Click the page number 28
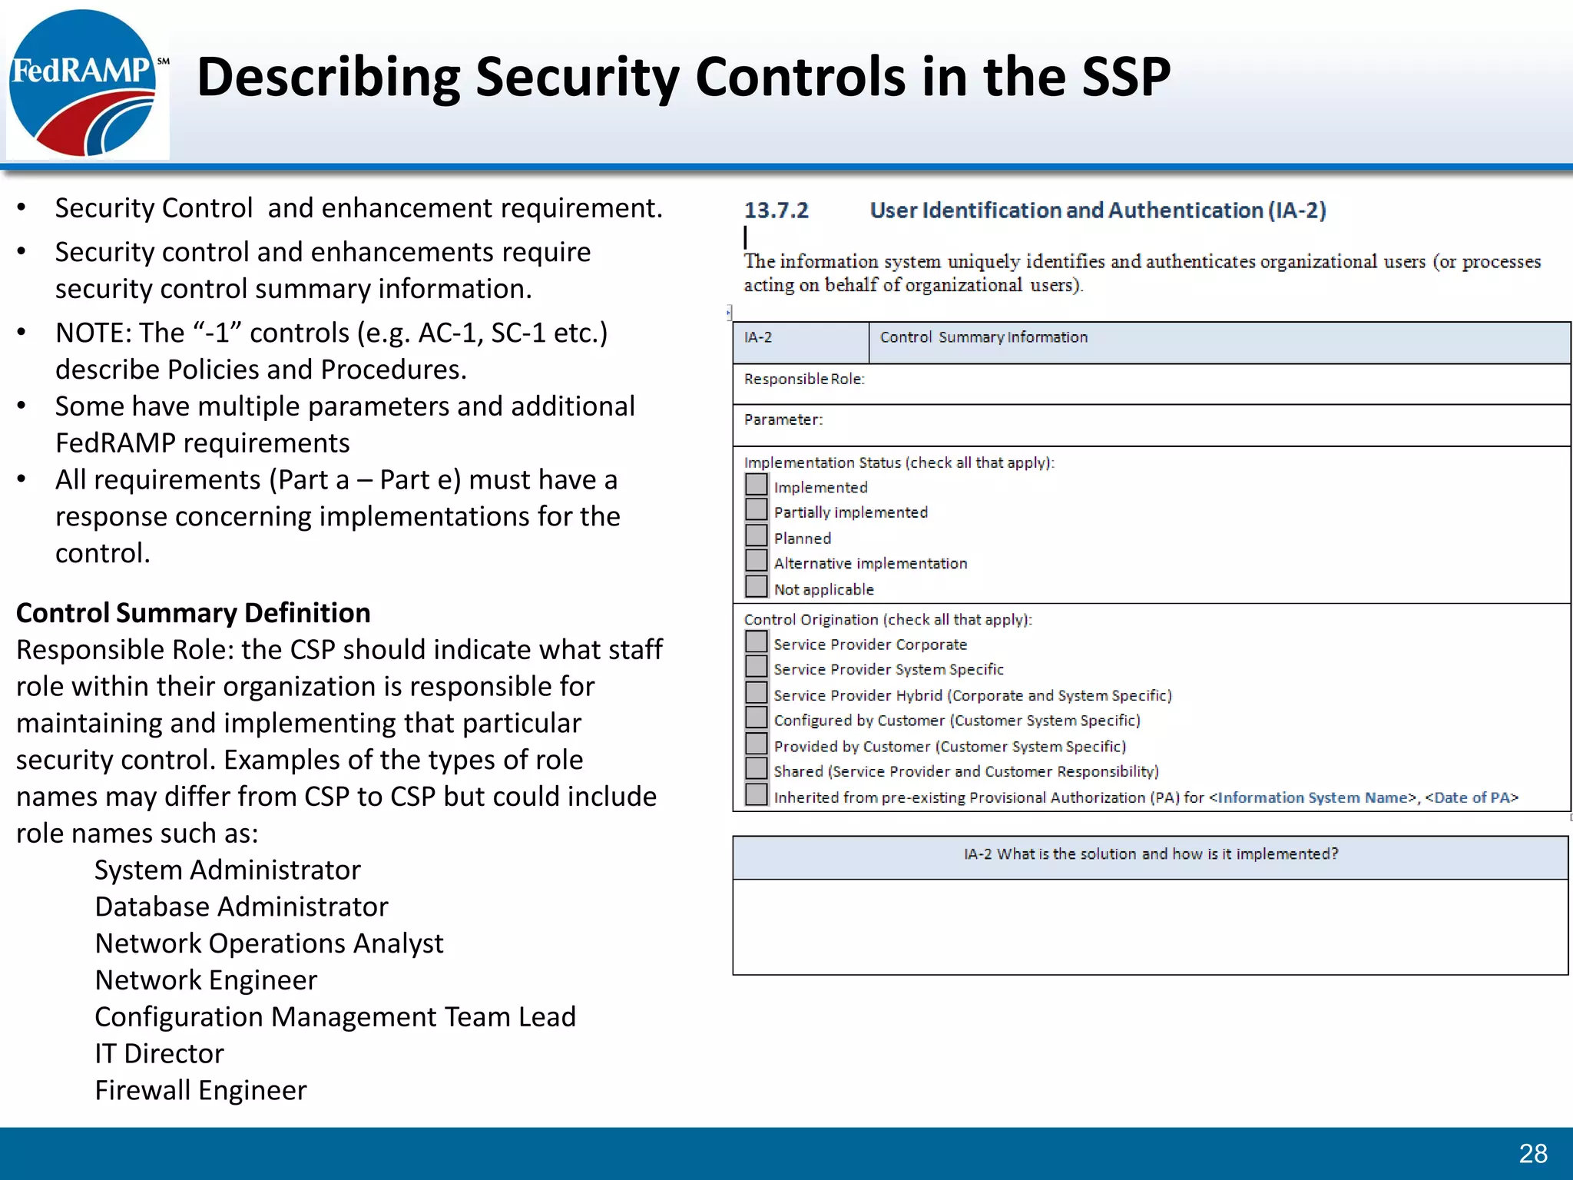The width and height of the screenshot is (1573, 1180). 1532,1153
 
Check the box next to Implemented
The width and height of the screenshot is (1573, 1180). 757,485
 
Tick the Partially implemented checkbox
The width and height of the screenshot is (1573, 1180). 757,510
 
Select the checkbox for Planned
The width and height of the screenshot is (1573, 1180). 757,535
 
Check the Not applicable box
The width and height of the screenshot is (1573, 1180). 757,587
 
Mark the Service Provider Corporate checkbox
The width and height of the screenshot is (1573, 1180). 757,642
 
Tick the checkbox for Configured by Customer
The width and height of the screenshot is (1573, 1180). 757,718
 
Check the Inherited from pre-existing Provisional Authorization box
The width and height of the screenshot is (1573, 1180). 757,795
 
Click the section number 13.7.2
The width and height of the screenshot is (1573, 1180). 776,210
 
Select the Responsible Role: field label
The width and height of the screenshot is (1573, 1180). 804,379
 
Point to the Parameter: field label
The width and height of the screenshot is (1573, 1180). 783,419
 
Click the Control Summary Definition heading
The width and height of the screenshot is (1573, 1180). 194,613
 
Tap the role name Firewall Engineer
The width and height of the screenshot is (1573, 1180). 200,1090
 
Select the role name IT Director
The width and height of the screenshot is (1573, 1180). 159,1053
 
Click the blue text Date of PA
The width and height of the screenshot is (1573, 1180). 1471,797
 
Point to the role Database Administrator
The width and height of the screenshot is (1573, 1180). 241,907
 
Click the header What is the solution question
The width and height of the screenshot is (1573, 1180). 1151,854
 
